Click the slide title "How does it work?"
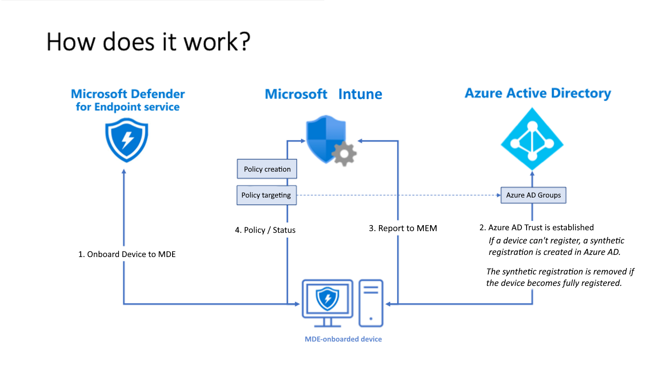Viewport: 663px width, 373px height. pyautogui.click(x=148, y=42)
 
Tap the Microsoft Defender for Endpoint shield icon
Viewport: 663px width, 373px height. pyautogui.click(x=127, y=140)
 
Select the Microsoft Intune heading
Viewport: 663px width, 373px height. pyautogui.click(x=323, y=94)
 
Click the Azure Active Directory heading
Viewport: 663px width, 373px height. pyautogui.click(x=538, y=93)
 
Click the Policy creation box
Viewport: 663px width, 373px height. pyautogui.click(x=267, y=169)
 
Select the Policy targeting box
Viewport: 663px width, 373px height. pyautogui.click(x=266, y=195)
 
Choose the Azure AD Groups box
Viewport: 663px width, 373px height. pyautogui.click(x=533, y=195)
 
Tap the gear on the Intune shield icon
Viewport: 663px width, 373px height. pyautogui.click(x=344, y=154)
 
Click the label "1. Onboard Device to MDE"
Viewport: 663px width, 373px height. pyautogui.click(x=127, y=254)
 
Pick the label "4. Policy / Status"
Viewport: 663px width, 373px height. pyautogui.click(x=265, y=230)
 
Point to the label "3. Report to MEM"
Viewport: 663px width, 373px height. pyautogui.click(x=402, y=228)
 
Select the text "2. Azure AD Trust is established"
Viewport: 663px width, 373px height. pyautogui.click(x=536, y=227)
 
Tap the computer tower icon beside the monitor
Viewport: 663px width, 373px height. pyautogui.click(x=371, y=302)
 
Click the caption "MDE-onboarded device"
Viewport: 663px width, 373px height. pyautogui.click(x=343, y=339)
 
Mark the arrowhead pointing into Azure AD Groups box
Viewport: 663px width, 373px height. pyautogui.click(x=499, y=195)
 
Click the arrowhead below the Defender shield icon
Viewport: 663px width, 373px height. pyautogui.click(x=124, y=172)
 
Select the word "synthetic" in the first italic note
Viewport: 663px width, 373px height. pyautogui.click(x=607, y=240)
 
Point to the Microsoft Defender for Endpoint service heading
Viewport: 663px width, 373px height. pyautogui.click(x=127, y=100)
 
